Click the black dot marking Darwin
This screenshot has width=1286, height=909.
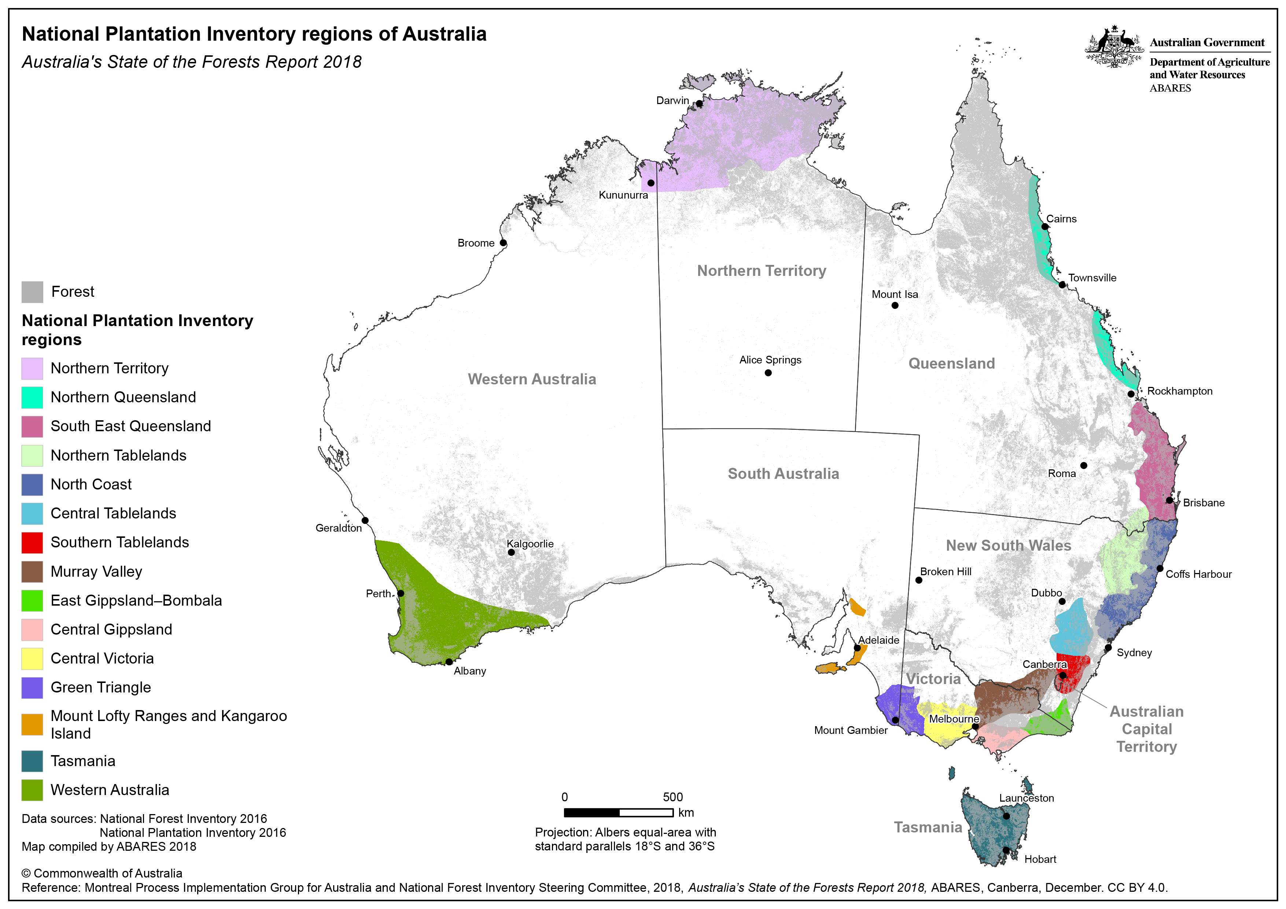point(699,104)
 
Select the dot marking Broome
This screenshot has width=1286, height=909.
point(503,243)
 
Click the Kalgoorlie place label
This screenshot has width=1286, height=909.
point(530,543)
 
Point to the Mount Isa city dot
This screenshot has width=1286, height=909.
point(895,305)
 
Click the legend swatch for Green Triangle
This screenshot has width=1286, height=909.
point(32,687)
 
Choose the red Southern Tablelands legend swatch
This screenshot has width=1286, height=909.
point(32,542)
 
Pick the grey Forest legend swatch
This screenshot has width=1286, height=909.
point(32,292)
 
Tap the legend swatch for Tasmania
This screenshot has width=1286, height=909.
point(32,761)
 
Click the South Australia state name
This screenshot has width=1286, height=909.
point(783,474)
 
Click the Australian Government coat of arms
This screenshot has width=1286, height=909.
point(1113,48)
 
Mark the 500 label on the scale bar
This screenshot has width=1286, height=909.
point(673,797)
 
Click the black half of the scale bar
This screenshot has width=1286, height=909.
point(592,812)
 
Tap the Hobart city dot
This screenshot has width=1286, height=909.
point(1006,850)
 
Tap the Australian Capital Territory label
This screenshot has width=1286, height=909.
point(1146,729)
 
